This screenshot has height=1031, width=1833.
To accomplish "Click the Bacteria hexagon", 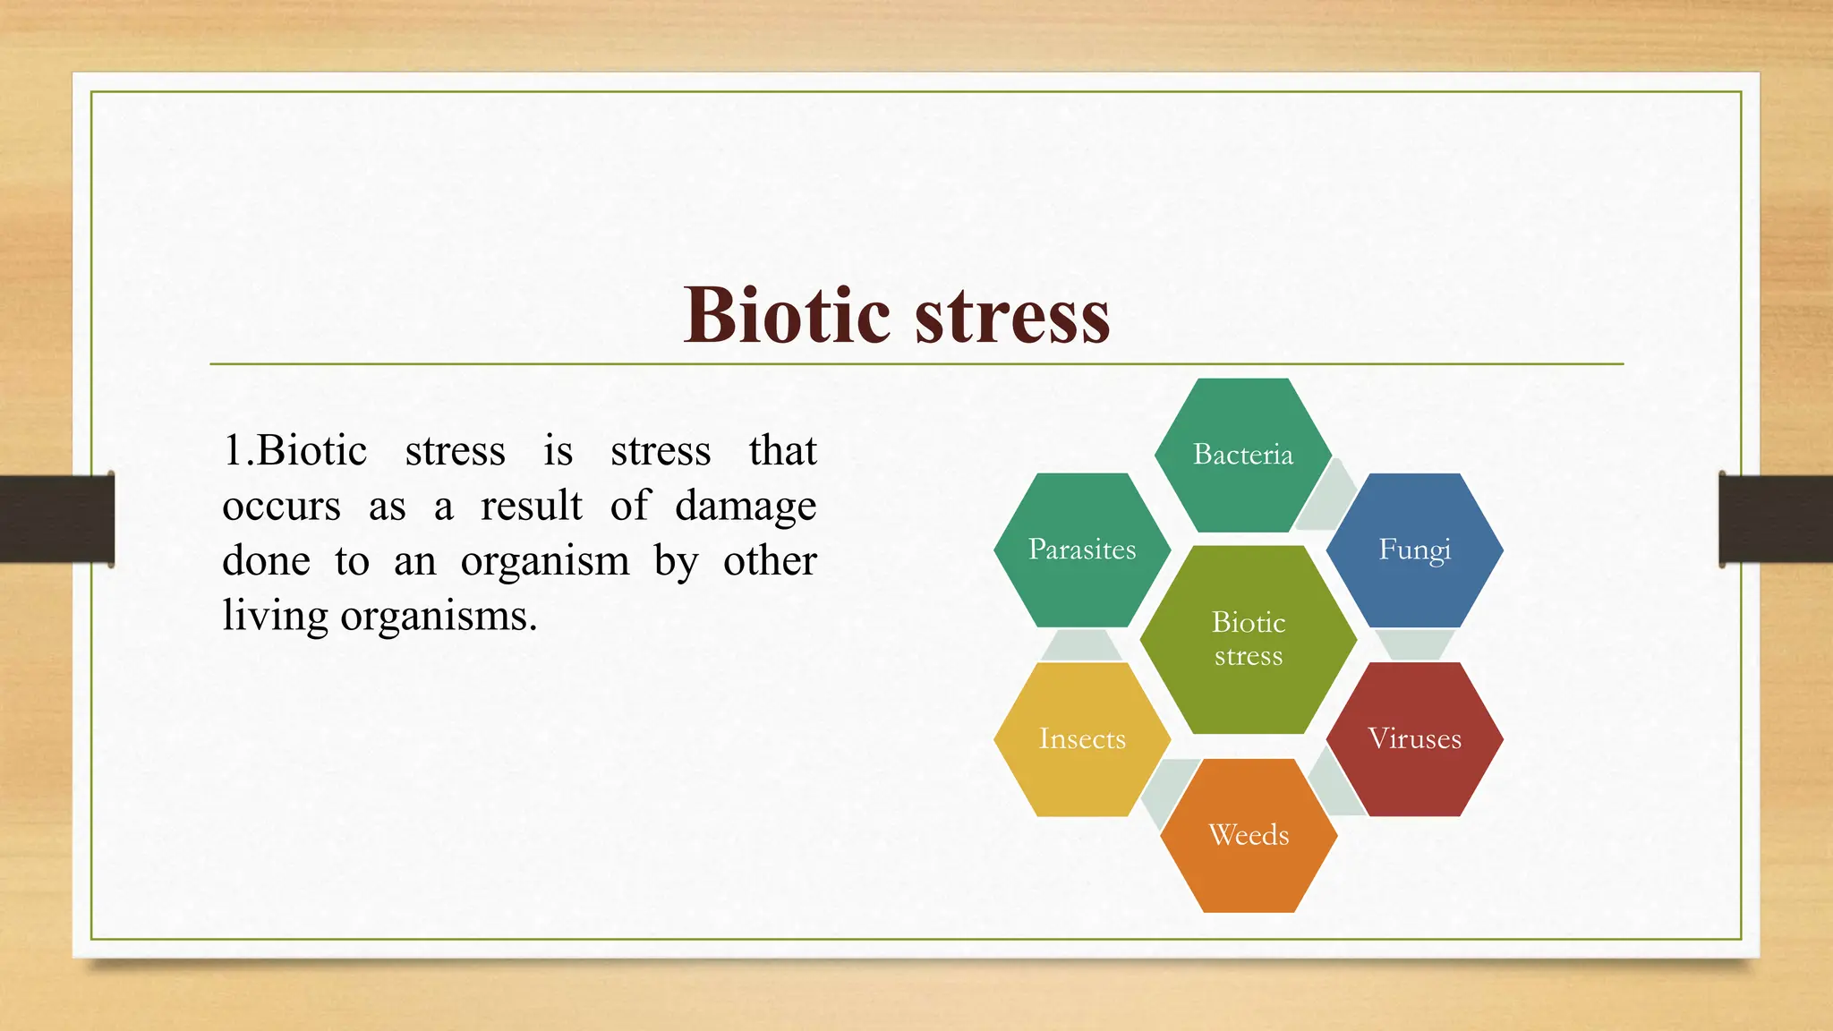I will pos(1242,455).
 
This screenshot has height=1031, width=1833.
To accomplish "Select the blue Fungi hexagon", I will pos(1414,550).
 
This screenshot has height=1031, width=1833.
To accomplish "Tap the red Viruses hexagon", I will pos(1414,739).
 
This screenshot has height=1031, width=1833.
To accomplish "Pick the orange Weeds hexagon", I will pos(1249,835).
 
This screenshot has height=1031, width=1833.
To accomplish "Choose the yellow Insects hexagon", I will pos(1082,739).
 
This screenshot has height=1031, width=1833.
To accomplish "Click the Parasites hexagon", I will pos(1082,550).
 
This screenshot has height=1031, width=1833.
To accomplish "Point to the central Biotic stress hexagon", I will pos(1249,639).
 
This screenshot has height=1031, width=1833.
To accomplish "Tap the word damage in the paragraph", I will pos(746,507).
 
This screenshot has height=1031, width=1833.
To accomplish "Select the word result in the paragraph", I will pos(531,506).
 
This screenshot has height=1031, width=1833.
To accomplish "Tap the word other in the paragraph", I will pos(770,561).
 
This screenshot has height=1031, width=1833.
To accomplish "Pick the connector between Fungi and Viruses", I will pos(1414,644).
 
